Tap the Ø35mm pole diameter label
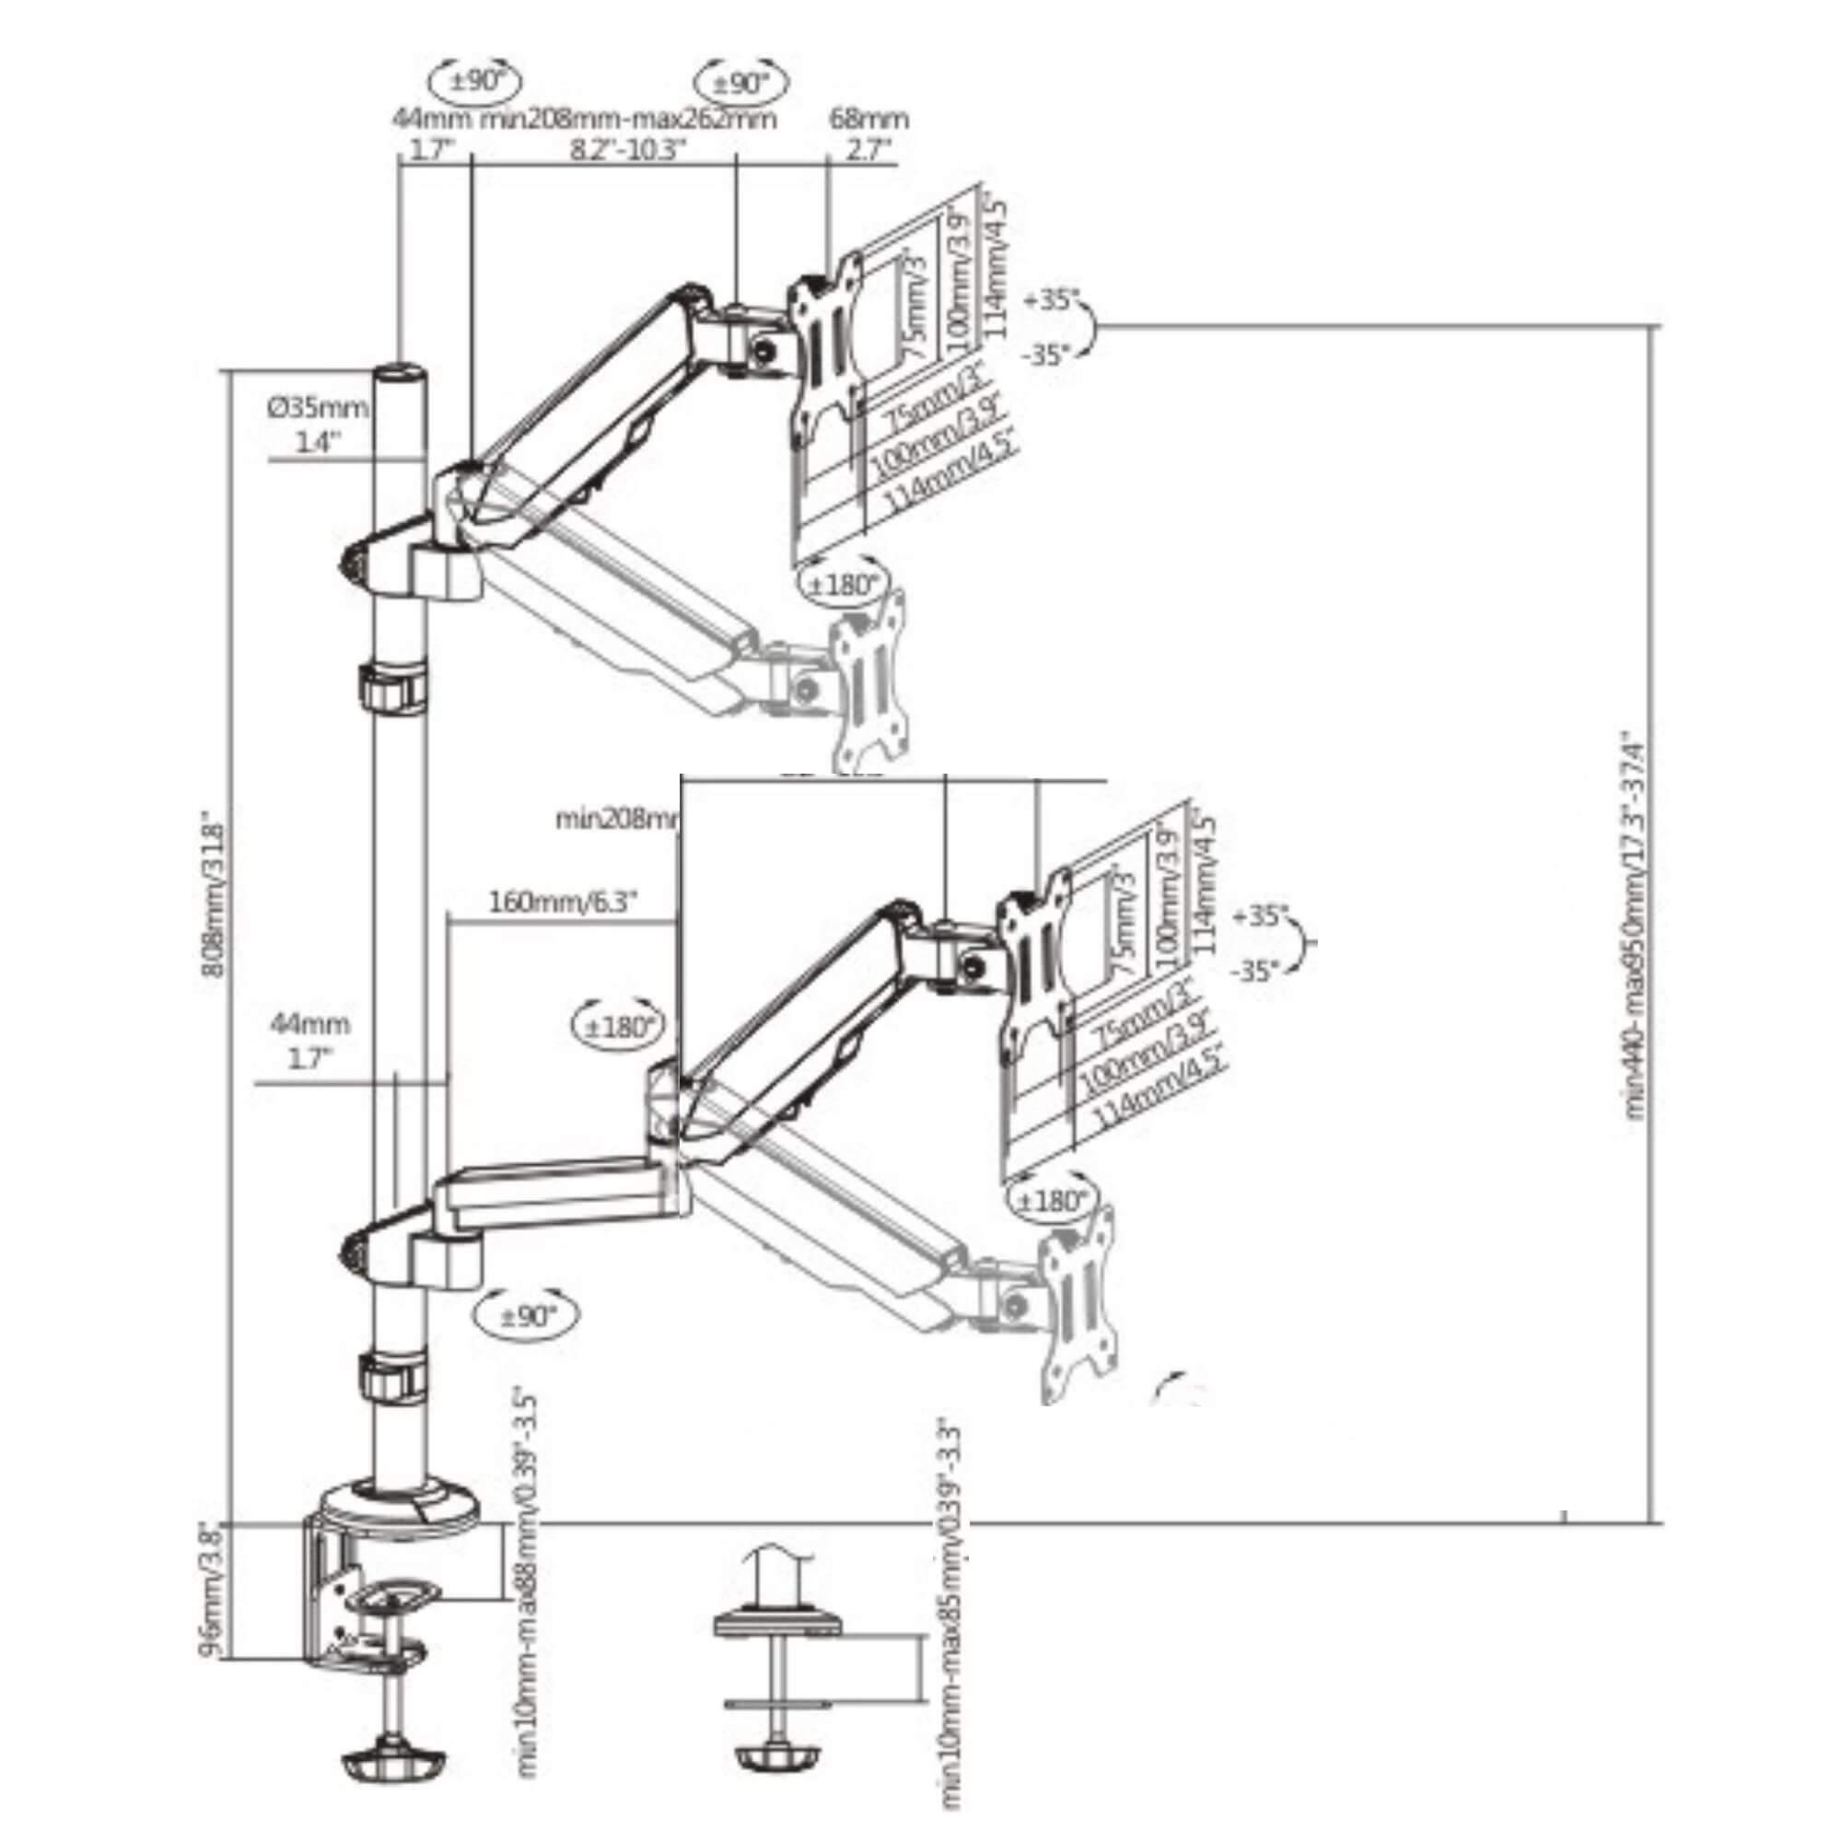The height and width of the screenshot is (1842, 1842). point(318,408)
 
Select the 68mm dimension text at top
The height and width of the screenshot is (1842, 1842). point(868,119)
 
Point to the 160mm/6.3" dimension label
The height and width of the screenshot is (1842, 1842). point(563,901)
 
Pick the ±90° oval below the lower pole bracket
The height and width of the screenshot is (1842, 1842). point(526,1317)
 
